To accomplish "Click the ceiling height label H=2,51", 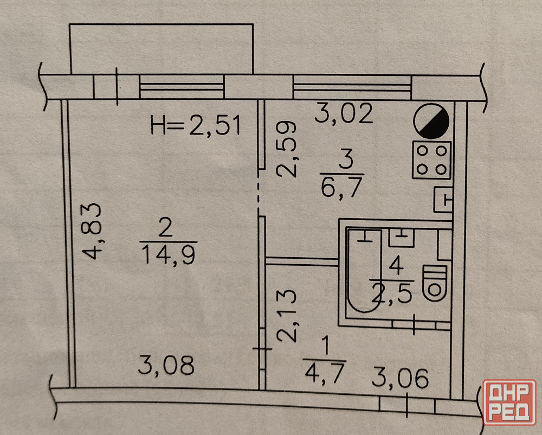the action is point(196,125).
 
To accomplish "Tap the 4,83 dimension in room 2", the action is point(92,231).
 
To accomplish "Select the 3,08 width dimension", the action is point(166,365).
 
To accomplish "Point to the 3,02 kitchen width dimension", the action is point(344,113).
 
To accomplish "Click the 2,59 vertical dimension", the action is point(287,149).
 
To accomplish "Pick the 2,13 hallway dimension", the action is point(287,315).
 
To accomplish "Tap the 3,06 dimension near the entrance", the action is point(401,378).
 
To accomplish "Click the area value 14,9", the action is point(169,254).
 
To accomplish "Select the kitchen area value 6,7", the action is point(341,187).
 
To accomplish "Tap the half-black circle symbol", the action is point(431,121).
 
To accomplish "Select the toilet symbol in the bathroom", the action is point(435,283).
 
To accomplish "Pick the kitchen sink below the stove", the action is point(443,200).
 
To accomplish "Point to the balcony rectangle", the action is point(162,49).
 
